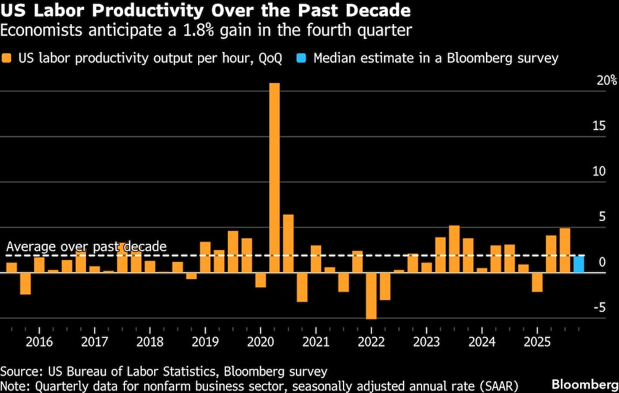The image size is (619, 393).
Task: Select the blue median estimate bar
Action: [578, 264]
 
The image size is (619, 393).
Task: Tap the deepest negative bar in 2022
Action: [371, 296]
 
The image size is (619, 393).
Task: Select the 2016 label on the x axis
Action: [39, 341]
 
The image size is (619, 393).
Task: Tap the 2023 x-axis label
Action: [426, 341]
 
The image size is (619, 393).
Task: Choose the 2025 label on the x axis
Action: [536, 341]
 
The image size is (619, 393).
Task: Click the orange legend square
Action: [7, 59]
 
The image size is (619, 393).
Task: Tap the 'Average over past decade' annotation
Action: [86, 246]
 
